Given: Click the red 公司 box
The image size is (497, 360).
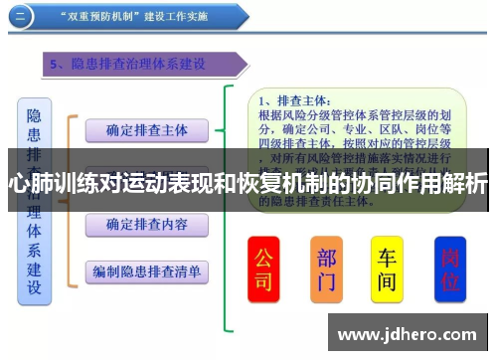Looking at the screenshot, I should point(262,269).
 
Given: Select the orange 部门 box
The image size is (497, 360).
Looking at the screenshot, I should point(326,269).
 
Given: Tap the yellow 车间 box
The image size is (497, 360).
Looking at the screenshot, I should point(387,269).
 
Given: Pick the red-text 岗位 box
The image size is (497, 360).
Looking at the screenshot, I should point(450,269).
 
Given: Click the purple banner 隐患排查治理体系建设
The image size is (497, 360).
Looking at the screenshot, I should point(139,65).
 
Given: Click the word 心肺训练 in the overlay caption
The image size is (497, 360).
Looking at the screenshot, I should point(46,184).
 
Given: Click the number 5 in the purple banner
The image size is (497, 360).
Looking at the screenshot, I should point(55,65).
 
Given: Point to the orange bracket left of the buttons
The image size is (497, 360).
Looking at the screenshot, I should point(70,199).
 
